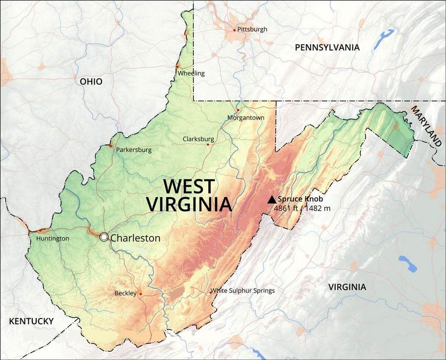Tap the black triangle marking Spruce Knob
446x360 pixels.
click(x=272, y=199)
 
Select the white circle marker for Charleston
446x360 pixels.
click(x=104, y=237)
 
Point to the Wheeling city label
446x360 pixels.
click(x=191, y=73)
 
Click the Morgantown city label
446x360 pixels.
click(x=246, y=118)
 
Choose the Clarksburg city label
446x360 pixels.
click(x=198, y=139)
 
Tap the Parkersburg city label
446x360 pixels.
click(x=134, y=150)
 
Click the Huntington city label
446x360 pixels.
click(x=53, y=239)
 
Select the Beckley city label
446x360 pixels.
click(x=125, y=293)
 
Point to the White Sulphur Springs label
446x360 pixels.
click(x=242, y=291)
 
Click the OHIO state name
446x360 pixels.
click(x=91, y=81)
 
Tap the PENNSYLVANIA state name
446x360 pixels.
click(x=327, y=48)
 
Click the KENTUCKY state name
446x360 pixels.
click(x=31, y=321)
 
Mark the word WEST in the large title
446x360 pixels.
click(x=189, y=187)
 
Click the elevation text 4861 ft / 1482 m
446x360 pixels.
click(x=302, y=208)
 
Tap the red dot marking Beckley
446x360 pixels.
click(x=141, y=294)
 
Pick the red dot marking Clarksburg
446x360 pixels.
click(x=208, y=145)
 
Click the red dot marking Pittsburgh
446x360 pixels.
click(x=235, y=30)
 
